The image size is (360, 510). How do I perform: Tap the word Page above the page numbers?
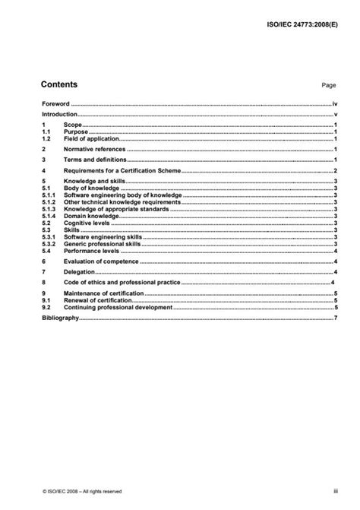pyautogui.click(x=328, y=87)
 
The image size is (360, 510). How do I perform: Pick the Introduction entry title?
pyautogui.click(x=60, y=113)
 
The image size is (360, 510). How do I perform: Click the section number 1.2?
pyautogui.click(x=46, y=139)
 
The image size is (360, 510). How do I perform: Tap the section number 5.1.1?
pyautogui.click(x=49, y=195)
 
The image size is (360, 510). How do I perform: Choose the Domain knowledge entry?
pyautogui.click(x=93, y=216)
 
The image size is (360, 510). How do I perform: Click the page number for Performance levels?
pyautogui.click(x=335, y=250)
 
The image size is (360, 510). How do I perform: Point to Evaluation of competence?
pyautogui.click(x=101, y=261)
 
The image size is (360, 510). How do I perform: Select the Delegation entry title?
pyautogui.click(x=80, y=271)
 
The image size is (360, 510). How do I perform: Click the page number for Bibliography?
pyautogui.click(x=335, y=318)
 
